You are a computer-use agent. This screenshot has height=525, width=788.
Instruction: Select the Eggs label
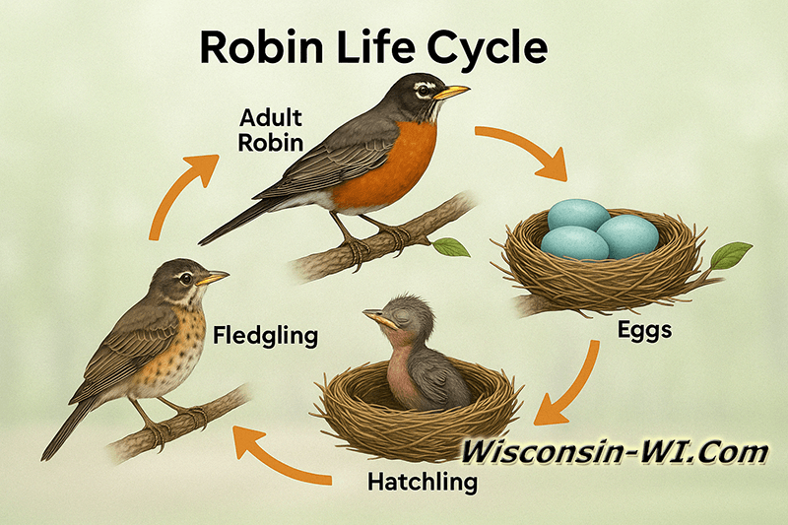pyautogui.click(x=644, y=331)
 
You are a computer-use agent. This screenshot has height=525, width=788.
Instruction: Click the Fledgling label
pyautogui.click(x=265, y=336)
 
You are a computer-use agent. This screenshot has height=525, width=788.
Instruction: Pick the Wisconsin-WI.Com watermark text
pyautogui.click(x=617, y=452)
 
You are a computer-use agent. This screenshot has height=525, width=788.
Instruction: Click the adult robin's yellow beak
pyautogui.click(x=451, y=93)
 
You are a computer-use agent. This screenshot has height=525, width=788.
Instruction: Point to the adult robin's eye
pyautogui.click(x=424, y=89)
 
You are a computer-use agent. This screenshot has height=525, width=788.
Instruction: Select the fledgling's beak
pyautogui.click(x=213, y=279)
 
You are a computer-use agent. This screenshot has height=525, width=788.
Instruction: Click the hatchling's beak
pyautogui.click(x=375, y=316)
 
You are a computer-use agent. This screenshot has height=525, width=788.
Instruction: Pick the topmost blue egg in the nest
pyautogui.click(x=579, y=215)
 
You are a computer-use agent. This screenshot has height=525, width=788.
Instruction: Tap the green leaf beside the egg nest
pyautogui.click(x=730, y=255)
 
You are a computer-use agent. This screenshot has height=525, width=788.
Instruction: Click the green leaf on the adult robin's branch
pyautogui.click(x=451, y=247)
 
